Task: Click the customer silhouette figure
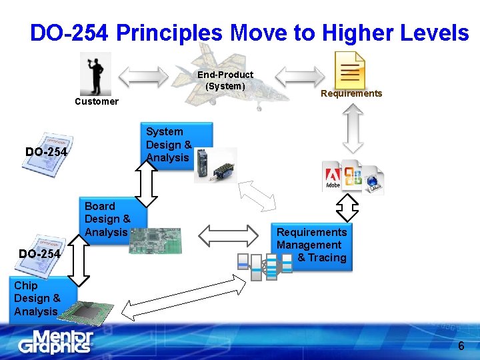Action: coord(95,73)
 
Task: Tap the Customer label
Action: coord(97,101)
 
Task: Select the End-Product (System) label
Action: coord(225,80)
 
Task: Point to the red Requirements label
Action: coord(351,93)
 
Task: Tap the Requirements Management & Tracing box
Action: coord(312,245)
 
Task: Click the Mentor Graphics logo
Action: coord(55,341)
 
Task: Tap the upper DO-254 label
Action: coord(46,152)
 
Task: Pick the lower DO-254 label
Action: coord(39,254)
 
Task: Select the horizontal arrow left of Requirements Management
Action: coord(228,234)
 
